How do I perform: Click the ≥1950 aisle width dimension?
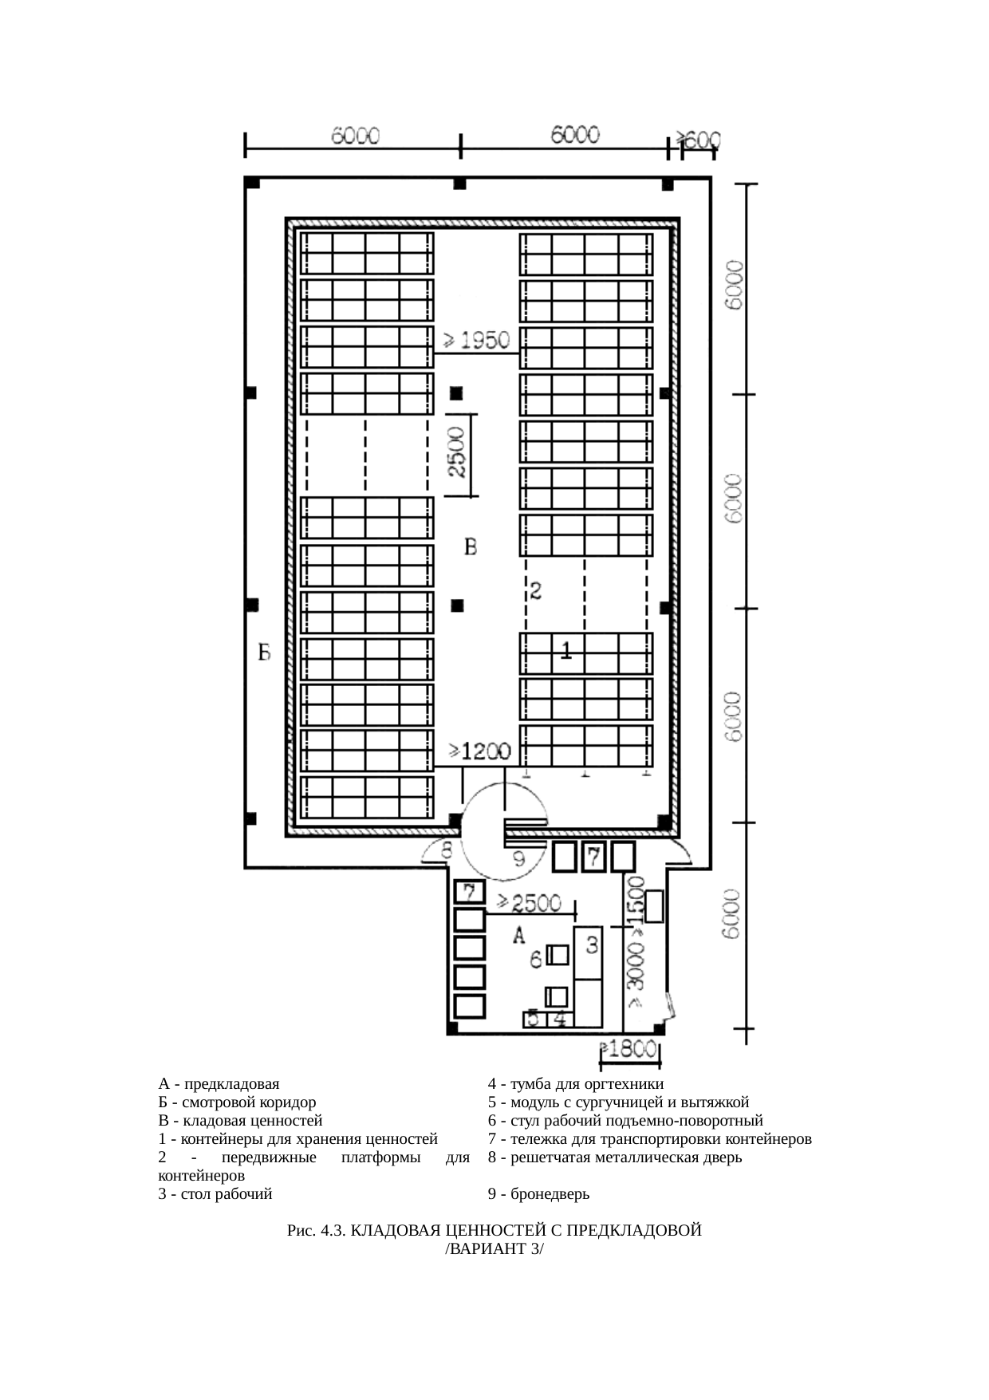click(x=476, y=341)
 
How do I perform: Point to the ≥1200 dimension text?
click(x=479, y=751)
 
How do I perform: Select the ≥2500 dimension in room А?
click(x=529, y=902)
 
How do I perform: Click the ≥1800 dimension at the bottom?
click(x=629, y=1050)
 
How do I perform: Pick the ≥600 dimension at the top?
click(x=699, y=140)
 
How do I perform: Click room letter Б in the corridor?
click(x=264, y=653)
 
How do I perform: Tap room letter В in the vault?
click(x=471, y=547)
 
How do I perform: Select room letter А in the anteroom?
click(x=518, y=935)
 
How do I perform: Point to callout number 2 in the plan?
click(x=536, y=591)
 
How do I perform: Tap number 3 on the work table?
click(x=592, y=946)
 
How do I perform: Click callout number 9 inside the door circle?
click(x=518, y=859)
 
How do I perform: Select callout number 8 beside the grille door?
click(x=447, y=849)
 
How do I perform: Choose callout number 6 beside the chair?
click(x=537, y=960)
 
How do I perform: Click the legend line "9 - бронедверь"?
click(x=538, y=1194)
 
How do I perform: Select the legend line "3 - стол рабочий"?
click(x=215, y=1194)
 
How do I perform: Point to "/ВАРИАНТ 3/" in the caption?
click(x=494, y=1249)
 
